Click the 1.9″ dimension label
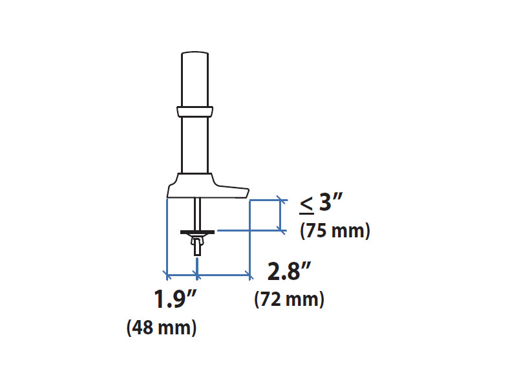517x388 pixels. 174,301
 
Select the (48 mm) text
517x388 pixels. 162,328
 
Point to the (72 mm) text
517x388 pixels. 290,300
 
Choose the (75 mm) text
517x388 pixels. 335,231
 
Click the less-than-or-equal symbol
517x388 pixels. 306,204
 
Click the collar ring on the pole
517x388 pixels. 195,111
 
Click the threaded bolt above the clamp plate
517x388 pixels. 197,213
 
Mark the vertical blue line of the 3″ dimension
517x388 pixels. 280,214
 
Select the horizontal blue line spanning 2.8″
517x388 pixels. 224,275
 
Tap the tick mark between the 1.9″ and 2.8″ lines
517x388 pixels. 197,275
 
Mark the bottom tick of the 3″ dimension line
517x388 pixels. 280,229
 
